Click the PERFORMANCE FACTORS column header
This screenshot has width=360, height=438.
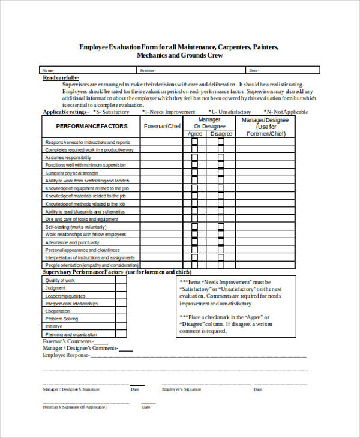tap(92, 126)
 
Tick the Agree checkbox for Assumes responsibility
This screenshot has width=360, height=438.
tap(194, 157)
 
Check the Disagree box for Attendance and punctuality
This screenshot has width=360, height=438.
tap(222, 242)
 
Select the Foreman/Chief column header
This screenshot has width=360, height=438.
tap(161, 126)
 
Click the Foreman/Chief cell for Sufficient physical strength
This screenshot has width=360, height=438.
tap(161, 173)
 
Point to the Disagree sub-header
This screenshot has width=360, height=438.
tap(221, 134)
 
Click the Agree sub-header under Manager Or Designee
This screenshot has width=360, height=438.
tap(195, 134)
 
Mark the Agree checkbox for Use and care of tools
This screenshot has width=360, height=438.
tap(194, 219)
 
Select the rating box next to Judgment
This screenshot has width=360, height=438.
tap(121, 288)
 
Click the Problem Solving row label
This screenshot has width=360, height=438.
tap(62, 319)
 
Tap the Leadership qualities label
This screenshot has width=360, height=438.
tap(65, 296)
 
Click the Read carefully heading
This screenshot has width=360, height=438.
tap(61, 77)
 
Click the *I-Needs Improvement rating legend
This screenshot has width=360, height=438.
tap(168, 112)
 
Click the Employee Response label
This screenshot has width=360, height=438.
tap(65, 355)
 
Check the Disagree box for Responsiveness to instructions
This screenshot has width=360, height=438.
tap(222, 142)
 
